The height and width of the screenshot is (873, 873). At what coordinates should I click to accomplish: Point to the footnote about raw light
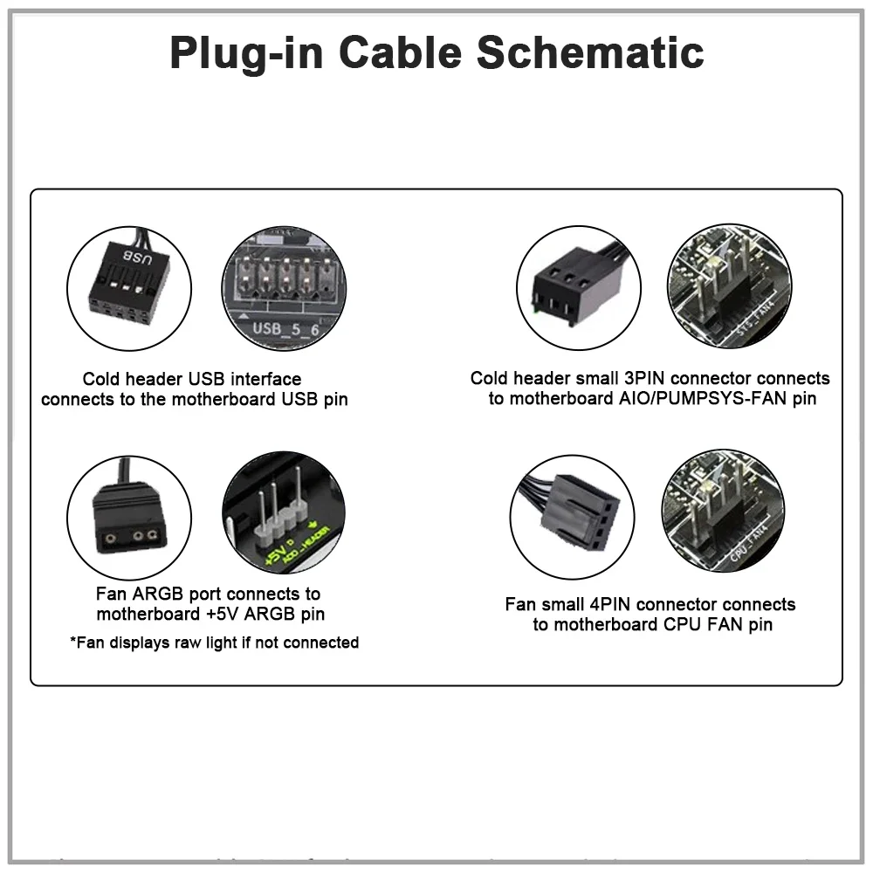point(214,643)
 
